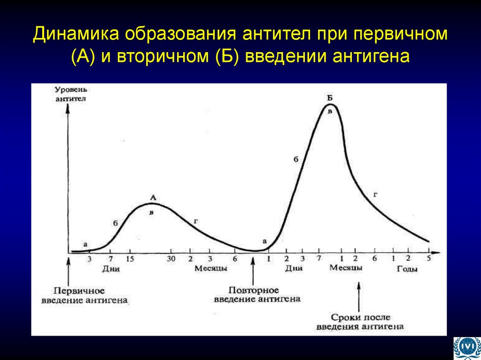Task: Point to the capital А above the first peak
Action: pos(152,199)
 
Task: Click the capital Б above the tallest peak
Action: pos(330,98)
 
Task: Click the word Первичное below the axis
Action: pos(79,291)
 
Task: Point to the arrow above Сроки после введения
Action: pos(359,295)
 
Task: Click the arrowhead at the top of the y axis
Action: pos(69,107)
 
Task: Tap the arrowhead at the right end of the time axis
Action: pos(436,253)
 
